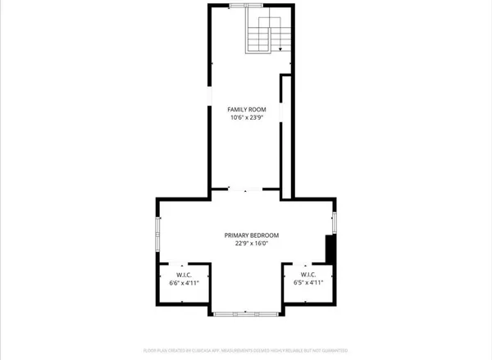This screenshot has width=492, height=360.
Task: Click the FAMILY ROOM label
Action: [246, 109]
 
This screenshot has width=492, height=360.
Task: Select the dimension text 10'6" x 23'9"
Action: [246, 118]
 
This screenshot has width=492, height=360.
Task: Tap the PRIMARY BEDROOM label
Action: [246, 235]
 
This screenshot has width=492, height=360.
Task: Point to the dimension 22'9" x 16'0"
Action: [246, 244]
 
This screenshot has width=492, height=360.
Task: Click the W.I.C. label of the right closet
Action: [308, 275]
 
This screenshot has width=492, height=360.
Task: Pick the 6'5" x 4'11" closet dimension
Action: [308, 283]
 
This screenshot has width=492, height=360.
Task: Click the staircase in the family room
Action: [268, 35]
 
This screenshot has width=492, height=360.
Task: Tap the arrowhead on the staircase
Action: [280, 50]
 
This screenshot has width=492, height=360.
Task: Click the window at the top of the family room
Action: [239, 6]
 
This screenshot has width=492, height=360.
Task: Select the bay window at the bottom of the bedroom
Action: [246, 312]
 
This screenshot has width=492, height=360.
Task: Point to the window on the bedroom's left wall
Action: [158, 233]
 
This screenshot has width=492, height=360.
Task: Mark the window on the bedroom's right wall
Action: [334, 221]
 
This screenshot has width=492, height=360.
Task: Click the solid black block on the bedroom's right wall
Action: [330, 248]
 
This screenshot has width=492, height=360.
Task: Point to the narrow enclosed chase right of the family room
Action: [286, 135]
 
